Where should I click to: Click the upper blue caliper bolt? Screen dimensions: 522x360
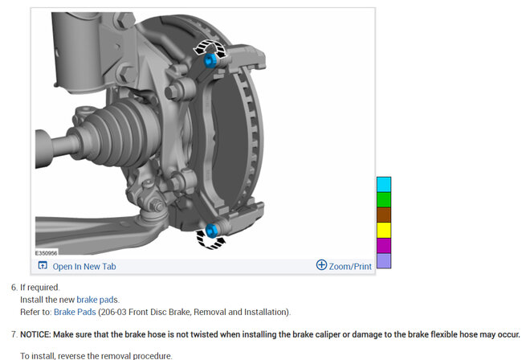point(210,60)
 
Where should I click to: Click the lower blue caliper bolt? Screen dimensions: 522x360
point(211,231)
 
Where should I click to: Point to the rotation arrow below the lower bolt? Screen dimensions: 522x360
point(210,240)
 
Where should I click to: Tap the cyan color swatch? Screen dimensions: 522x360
point(384,185)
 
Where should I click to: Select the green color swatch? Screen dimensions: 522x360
point(384,200)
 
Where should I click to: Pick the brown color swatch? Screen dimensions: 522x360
point(384,215)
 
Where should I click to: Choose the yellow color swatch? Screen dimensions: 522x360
point(384,230)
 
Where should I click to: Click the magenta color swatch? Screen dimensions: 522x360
point(384,245)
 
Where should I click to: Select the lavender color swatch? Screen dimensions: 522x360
point(384,260)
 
